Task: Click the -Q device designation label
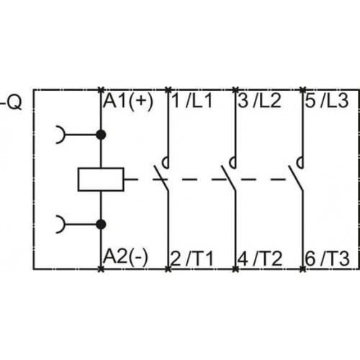click(12, 102)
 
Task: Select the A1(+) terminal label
click(128, 102)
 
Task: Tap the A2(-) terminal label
click(125, 258)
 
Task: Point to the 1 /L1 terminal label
click(192, 101)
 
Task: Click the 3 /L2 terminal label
click(259, 101)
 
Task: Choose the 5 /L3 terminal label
click(327, 101)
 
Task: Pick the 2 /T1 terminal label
click(192, 259)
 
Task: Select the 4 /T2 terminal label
click(260, 259)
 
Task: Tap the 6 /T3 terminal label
click(328, 259)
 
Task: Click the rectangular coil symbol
click(101, 179)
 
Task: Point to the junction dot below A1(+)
click(101, 135)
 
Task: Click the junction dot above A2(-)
click(101, 225)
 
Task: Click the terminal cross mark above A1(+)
click(101, 90)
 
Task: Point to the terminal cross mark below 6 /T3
click(303, 269)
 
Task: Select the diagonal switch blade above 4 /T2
click(229, 178)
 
